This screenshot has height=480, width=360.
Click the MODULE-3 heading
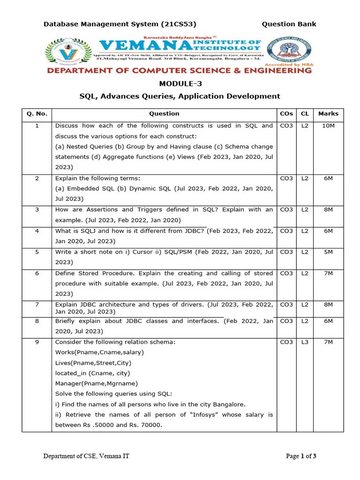[x=180, y=83]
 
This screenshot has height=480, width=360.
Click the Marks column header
[x=328, y=113]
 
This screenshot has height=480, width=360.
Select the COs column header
[x=286, y=113]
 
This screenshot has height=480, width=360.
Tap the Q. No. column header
[x=37, y=113]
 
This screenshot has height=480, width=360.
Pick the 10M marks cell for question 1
[x=328, y=126]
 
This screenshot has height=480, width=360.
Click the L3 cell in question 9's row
[x=305, y=342]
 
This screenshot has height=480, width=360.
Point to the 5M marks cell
[x=328, y=252]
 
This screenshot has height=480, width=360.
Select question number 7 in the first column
[x=37, y=304]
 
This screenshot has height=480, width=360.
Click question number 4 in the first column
[x=37, y=231]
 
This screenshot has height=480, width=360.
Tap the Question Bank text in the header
[x=289, y=24]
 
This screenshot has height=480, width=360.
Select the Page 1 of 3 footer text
[x=301, y=456]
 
